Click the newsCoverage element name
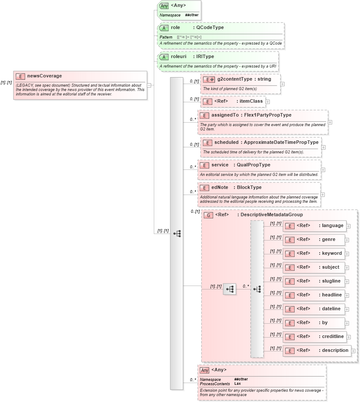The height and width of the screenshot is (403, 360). [45, 76]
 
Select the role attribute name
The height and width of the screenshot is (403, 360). [175, 27]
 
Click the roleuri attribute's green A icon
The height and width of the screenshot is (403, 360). [164, 57]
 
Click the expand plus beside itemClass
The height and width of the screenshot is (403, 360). [267, 101]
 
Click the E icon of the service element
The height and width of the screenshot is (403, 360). [204, 165]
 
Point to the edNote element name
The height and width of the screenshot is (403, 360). [220, 188]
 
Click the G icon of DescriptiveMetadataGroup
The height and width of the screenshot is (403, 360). [208, 215]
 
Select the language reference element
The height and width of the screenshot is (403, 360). [332, 226]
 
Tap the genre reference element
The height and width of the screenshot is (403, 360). [328, 240]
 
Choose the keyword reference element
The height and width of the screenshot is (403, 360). [331, 253]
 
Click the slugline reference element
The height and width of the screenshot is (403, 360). [331, 281]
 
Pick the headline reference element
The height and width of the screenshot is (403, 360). [331, 295]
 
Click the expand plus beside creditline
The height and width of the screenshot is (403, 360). [348, 337]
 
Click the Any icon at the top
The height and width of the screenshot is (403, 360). [164, 6]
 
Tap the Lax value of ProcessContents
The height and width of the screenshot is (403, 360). [237, 383]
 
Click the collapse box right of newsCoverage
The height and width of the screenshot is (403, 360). [149, 85]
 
